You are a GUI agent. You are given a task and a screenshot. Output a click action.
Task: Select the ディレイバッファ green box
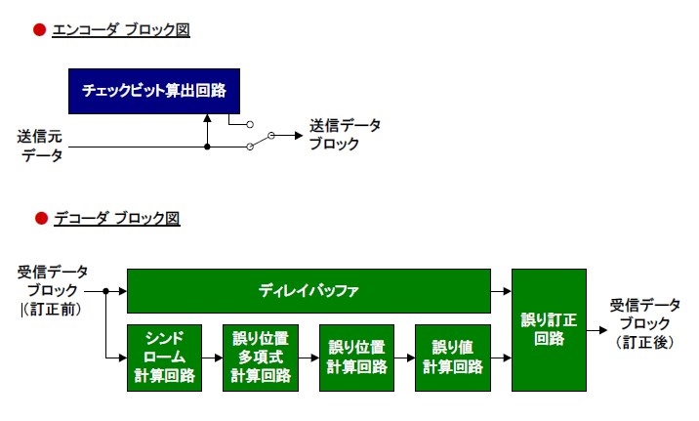[308, 291]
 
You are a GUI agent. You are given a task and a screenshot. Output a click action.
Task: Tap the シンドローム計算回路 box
[164, 358]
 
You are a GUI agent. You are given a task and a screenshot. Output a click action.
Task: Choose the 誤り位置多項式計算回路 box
[261, 358]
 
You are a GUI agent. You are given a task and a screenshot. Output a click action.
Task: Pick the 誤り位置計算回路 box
[356, 358]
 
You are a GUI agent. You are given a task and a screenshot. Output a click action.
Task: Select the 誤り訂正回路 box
[549, 330]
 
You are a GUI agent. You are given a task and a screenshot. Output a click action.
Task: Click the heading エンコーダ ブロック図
[121, 30]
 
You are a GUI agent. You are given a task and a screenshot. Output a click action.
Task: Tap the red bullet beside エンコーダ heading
[40, 30]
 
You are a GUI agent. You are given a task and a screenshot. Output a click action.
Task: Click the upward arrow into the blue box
[207, 127]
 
